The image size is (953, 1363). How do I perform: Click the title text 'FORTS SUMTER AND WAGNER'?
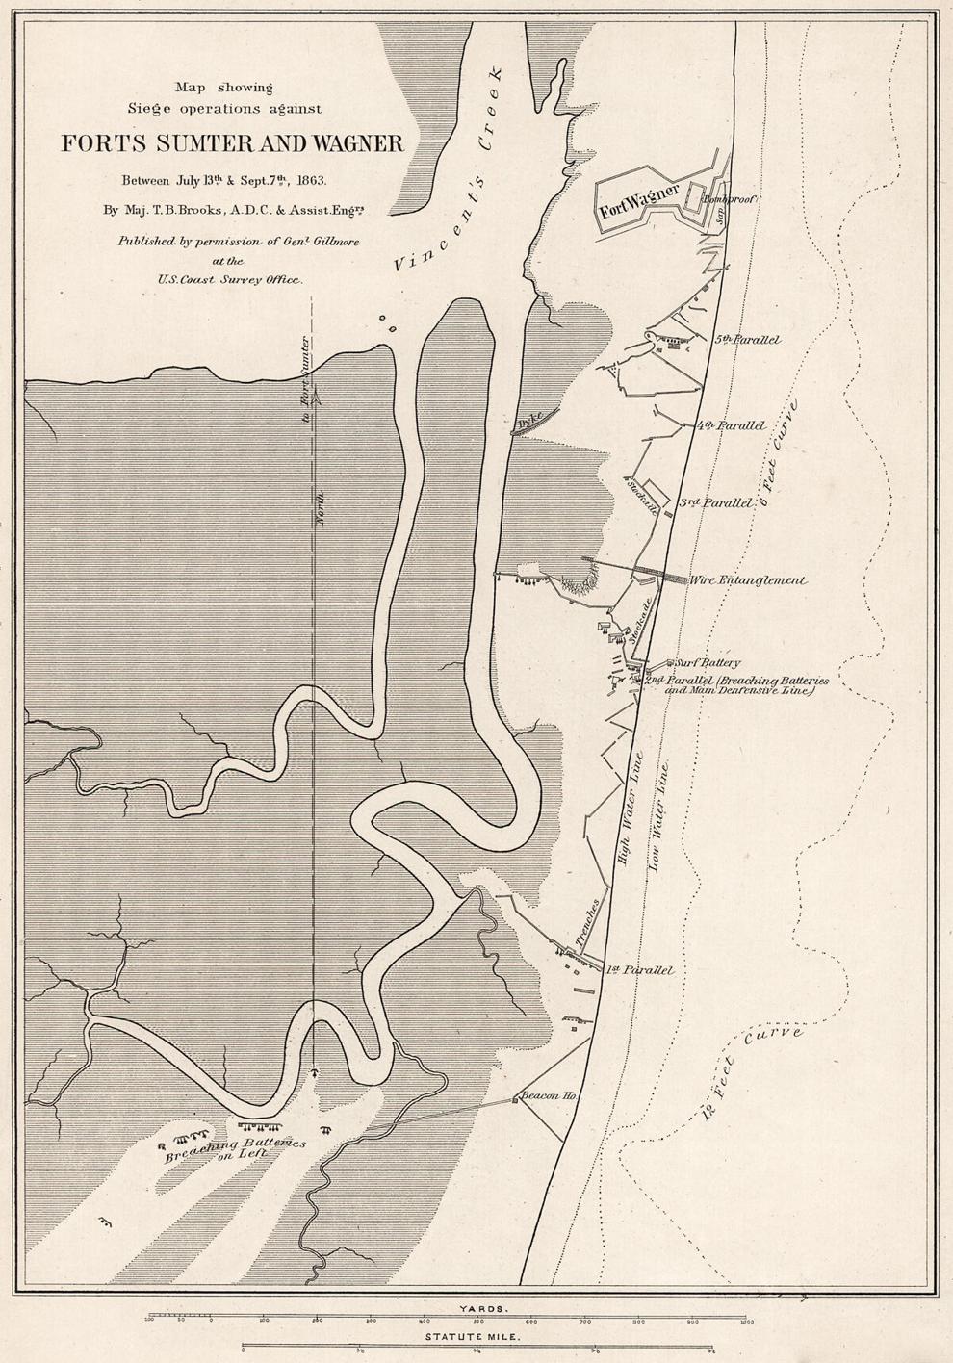(233, 144)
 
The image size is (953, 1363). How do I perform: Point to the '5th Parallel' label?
(747, 340)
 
